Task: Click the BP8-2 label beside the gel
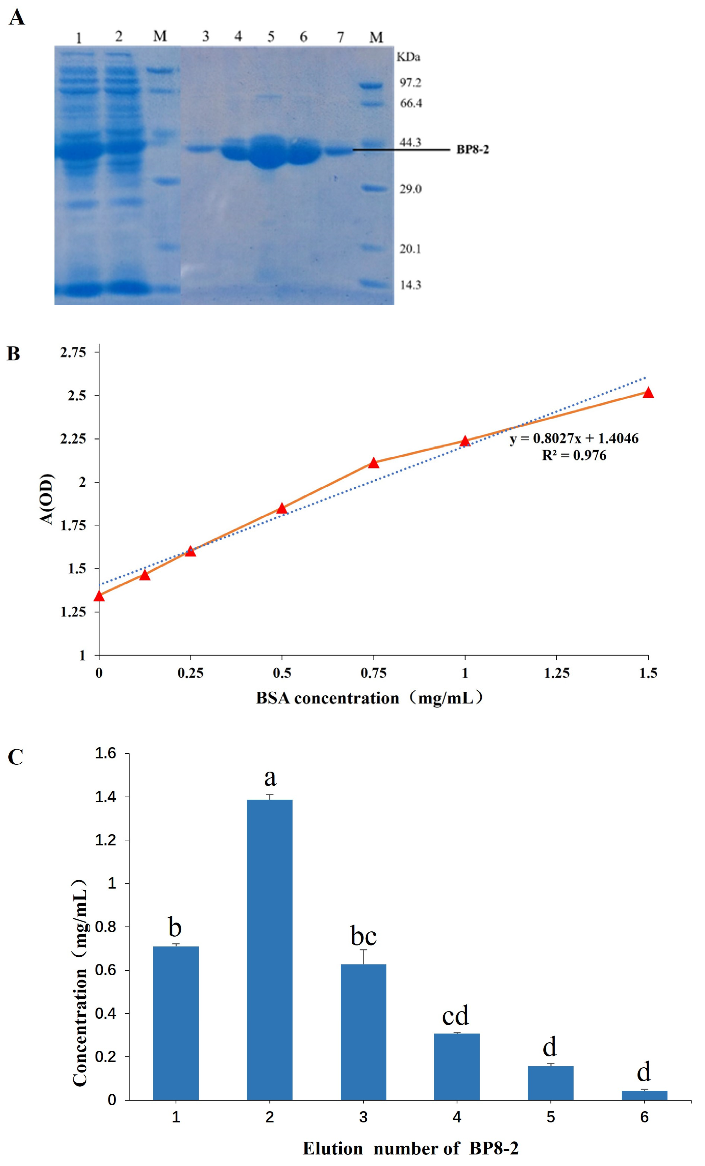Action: (x=472, y=149)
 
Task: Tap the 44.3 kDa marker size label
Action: (x=410, y=142)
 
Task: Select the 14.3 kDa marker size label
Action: (x=410, y=285)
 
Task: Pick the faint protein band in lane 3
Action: (x=201, y=149)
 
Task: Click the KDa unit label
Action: (x=408, y=57)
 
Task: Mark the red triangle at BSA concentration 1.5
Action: (x=648, y=393)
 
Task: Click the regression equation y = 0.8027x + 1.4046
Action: (x=573, y=439)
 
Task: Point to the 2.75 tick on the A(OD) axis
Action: (x=73, y=352)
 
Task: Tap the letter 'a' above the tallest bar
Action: (x=270, y=777)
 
